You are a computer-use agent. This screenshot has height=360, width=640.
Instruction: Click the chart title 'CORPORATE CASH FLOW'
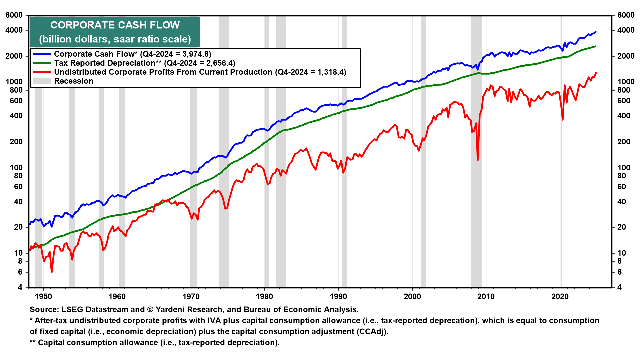click(x=115, y=25)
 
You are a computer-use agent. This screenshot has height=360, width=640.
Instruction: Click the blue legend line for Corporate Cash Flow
click(x=42, y=54)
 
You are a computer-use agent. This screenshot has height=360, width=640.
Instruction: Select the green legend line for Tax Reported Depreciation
click(x=42, y=63)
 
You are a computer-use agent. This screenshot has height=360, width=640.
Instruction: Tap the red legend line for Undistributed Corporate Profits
click(x=42, y=72)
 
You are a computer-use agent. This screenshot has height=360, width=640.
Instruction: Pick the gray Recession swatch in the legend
click(x=42, y=81)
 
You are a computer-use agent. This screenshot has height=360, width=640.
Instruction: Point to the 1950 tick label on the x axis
click(x=44, y=297)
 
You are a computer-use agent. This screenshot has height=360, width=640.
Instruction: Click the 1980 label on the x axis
click(x=265, y=297)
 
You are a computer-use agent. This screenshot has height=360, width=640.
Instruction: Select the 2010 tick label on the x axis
click(x=486, y=297)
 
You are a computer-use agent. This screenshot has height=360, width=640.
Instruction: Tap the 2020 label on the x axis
click(x=560, y=297)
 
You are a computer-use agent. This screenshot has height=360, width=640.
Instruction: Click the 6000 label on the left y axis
click(x=14, y=15)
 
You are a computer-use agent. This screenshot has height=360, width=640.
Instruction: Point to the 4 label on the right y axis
click(x=619, y=287)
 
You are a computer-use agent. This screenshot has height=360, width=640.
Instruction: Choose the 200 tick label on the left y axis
click(x=16, y=142)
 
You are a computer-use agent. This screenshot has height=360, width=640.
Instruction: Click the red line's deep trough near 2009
click(x=478, y=160)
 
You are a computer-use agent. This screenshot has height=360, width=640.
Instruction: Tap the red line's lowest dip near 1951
click(x=52, y=272)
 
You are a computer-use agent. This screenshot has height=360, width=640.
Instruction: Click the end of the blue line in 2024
click(x=596, y=32)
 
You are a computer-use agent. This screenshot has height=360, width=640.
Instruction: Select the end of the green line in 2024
click(x=596, y=46)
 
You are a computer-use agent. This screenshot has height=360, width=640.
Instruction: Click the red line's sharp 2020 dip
click(x=563, y=119)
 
